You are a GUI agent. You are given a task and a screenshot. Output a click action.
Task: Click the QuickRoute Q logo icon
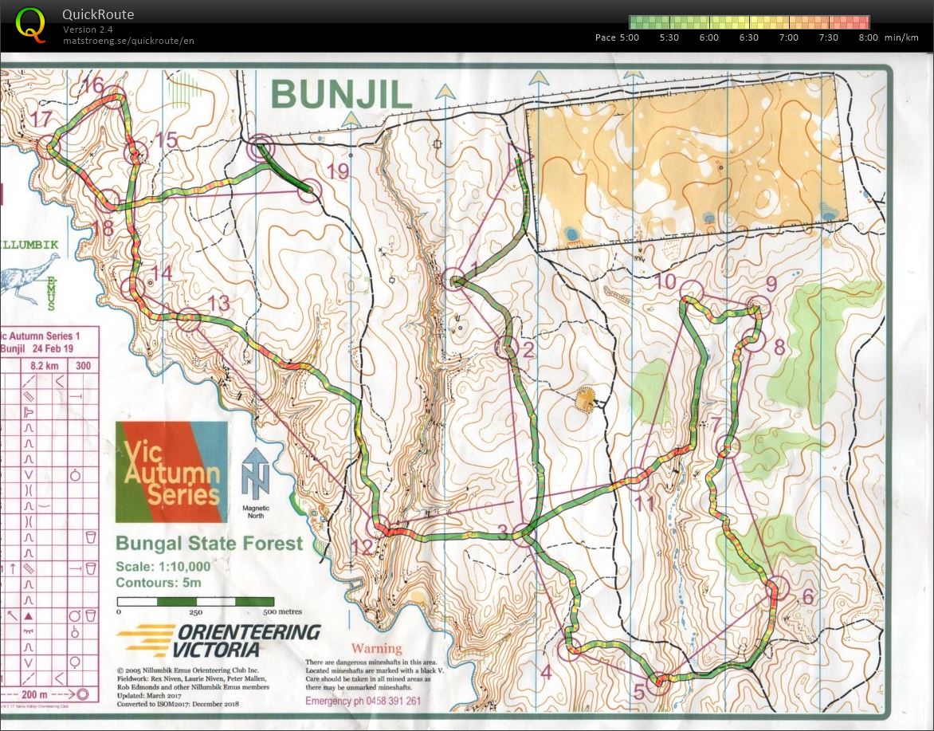[30, 23]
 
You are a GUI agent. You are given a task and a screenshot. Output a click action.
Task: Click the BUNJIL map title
[341, 95]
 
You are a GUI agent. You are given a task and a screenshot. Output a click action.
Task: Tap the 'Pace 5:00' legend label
[617, 37]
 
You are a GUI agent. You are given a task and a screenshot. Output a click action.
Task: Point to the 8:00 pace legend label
[868, 37]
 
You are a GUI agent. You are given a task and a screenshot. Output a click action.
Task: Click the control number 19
[338, 171]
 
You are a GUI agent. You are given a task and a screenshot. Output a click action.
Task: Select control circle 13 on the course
[189, 320]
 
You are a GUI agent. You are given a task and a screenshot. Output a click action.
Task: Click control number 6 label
[806, 597]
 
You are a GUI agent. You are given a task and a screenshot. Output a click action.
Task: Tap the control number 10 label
[665, 281]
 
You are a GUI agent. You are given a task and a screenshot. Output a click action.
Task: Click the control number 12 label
[362, 548]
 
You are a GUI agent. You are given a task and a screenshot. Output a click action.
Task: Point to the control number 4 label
[545, 672]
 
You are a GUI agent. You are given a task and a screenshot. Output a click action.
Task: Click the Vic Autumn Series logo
[171, 472]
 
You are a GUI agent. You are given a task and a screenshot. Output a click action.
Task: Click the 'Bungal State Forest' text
[209, 544]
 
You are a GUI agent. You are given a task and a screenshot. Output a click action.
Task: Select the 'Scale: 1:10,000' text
[163, 567]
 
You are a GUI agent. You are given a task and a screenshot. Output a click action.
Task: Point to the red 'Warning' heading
[376, 648]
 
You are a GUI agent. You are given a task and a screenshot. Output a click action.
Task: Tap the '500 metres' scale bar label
[280, 611]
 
